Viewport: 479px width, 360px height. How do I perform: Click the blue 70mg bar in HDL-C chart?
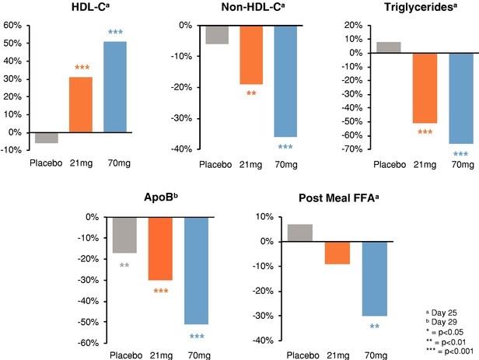[x=115, y=87]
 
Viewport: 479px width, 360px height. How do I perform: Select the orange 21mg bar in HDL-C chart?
[x=82, y=104]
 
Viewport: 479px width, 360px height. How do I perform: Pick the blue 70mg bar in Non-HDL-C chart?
[x=263, y=80]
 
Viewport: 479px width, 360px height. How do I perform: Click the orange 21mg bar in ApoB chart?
[x=160, y=248]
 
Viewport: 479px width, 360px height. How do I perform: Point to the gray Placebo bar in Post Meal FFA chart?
[x=300, y=232]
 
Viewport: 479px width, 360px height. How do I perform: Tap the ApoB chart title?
[x=156, y=200]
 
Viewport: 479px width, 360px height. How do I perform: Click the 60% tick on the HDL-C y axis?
[x=12, y=25]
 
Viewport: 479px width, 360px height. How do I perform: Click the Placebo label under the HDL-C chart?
[x=47, y=163]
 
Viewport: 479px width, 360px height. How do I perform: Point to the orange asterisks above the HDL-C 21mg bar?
[x=82, y=68]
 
